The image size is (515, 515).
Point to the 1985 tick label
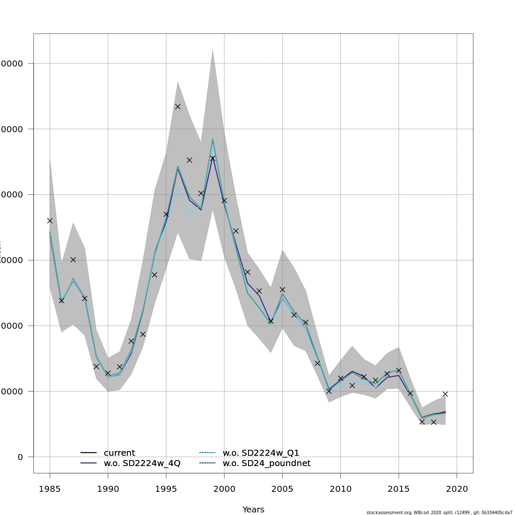(x=50, y=489)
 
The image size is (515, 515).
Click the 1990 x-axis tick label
(x=108, y=489)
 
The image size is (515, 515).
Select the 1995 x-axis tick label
(x=166, y=489)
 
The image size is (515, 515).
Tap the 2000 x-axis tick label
(x=224, y=489)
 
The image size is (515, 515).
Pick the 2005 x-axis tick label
(x=282, y=489)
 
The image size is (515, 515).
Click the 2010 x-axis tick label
(x=340, y=489)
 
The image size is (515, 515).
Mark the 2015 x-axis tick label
(x=399, y=489)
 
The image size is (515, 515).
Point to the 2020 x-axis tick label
(x=457, y=489)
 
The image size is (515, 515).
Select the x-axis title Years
(x=253, y=510)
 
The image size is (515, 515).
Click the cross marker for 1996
(x=178, y=106)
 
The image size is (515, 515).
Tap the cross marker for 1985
(x=50, y=221)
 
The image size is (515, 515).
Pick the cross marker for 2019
(x=445, y=394)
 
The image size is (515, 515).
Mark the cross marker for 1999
(x=212, y=158)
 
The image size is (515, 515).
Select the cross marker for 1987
(x=73, y=260)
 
